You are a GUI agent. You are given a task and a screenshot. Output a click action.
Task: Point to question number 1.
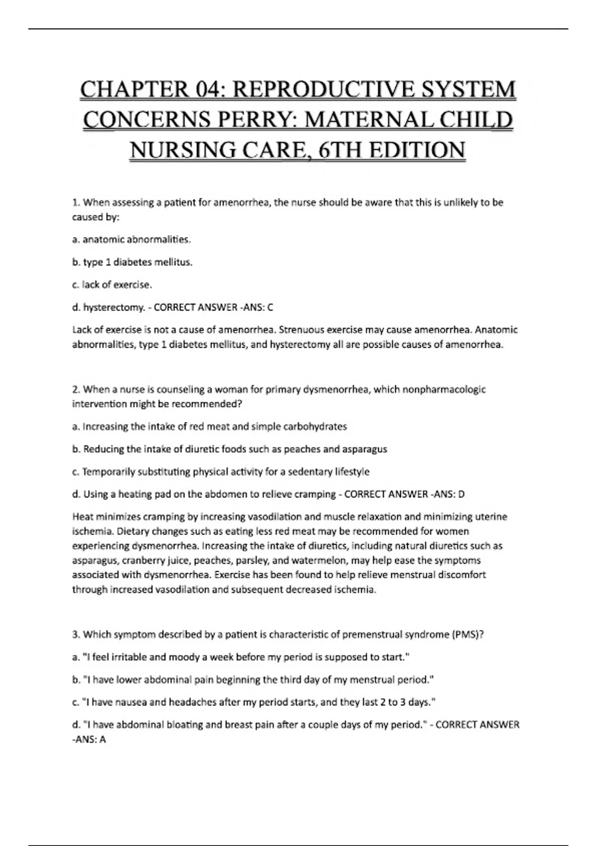(x=76, y=203)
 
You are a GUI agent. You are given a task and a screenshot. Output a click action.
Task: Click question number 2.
(x=76, y=389)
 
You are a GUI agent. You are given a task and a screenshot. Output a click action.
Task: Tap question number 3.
(x=76, y=634)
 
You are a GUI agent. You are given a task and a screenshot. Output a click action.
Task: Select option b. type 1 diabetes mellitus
(x=132, y=262)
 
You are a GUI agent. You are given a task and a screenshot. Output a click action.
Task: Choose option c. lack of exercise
(x=112, y=285)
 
